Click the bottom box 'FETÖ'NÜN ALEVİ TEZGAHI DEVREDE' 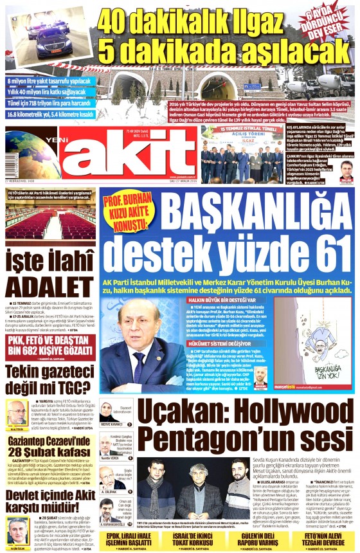click(311, 538)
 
